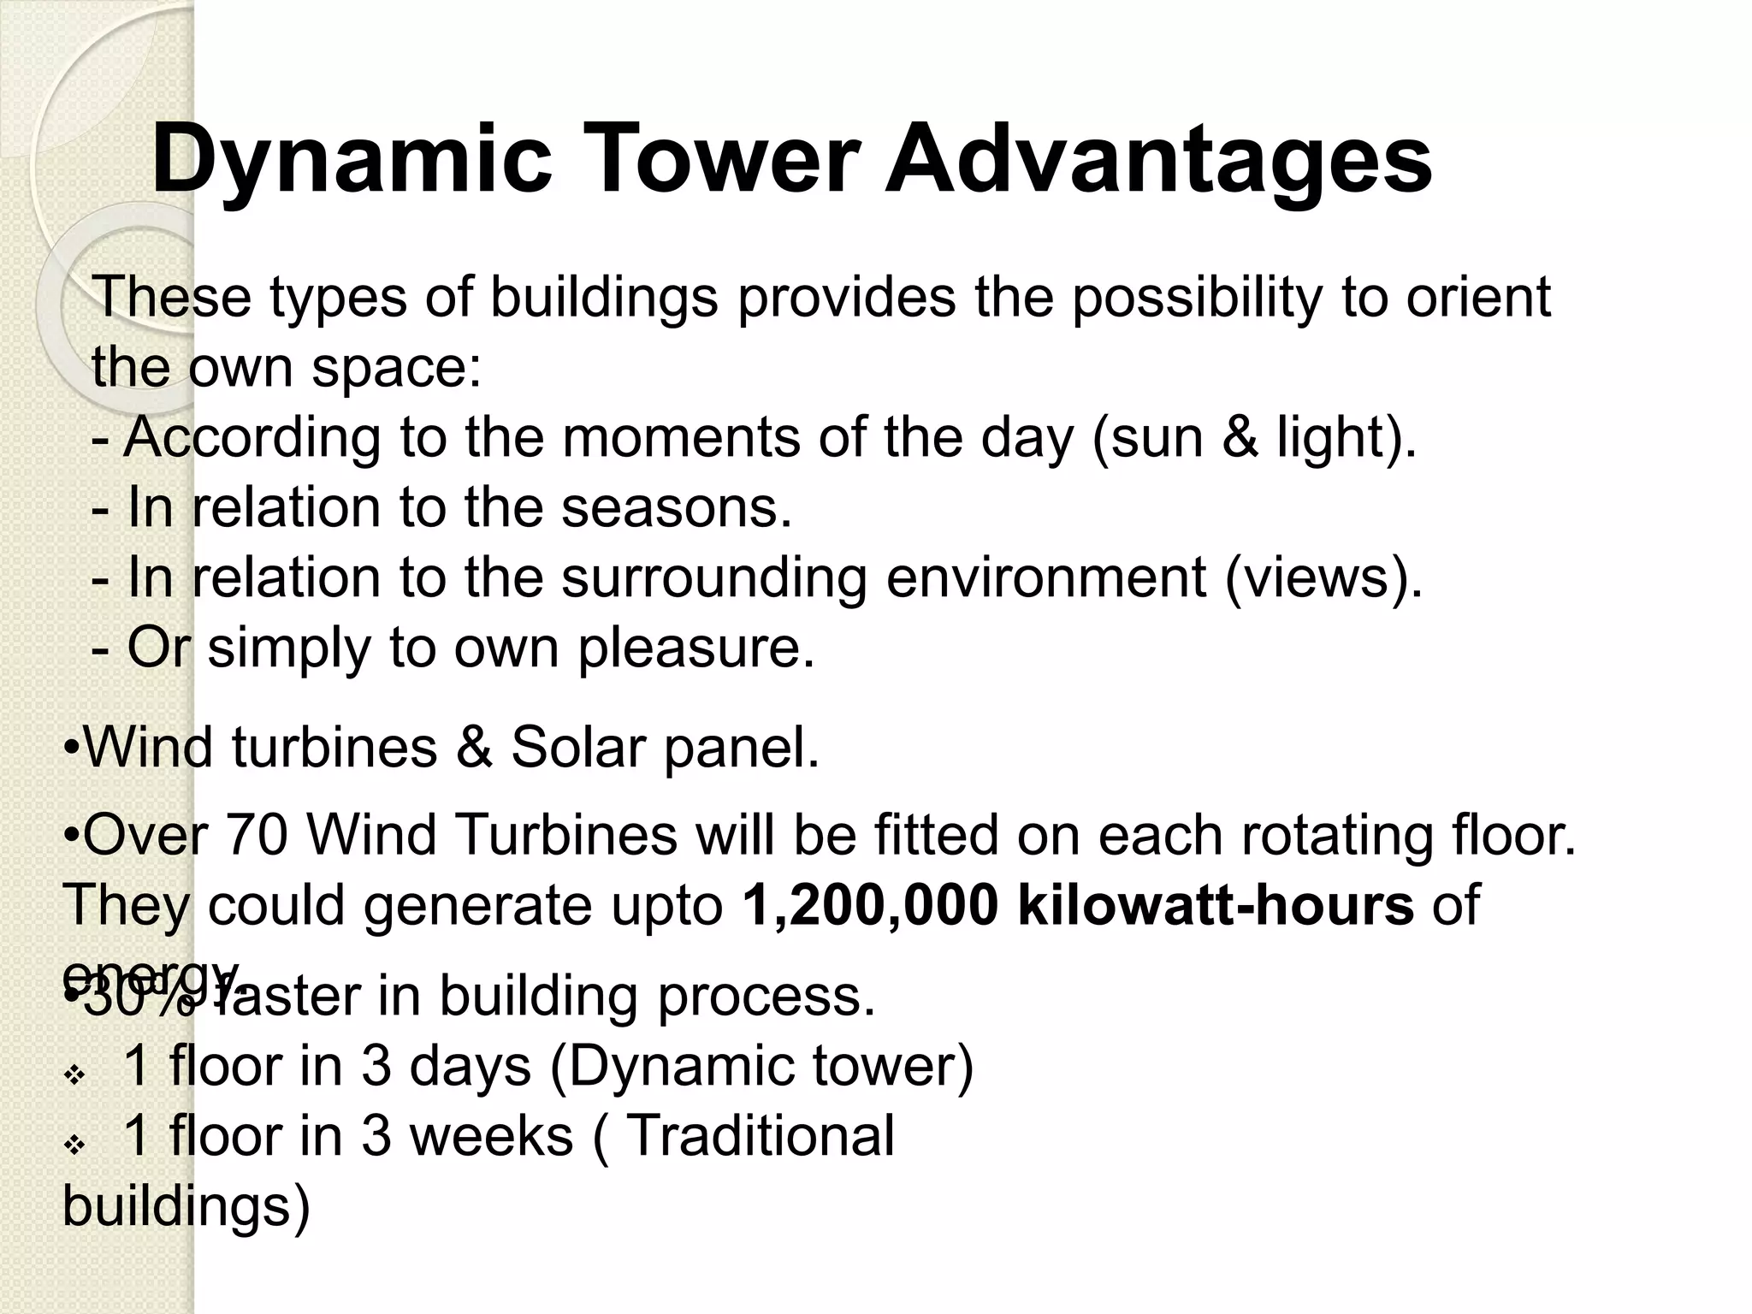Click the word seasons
coord(676,507)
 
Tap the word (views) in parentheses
coord(1323,577)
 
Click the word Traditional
coord(761,1136)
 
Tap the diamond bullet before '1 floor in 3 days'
coord(74,1074)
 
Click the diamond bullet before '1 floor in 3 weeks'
coord(74,1145)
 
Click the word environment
coord(1046,577)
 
